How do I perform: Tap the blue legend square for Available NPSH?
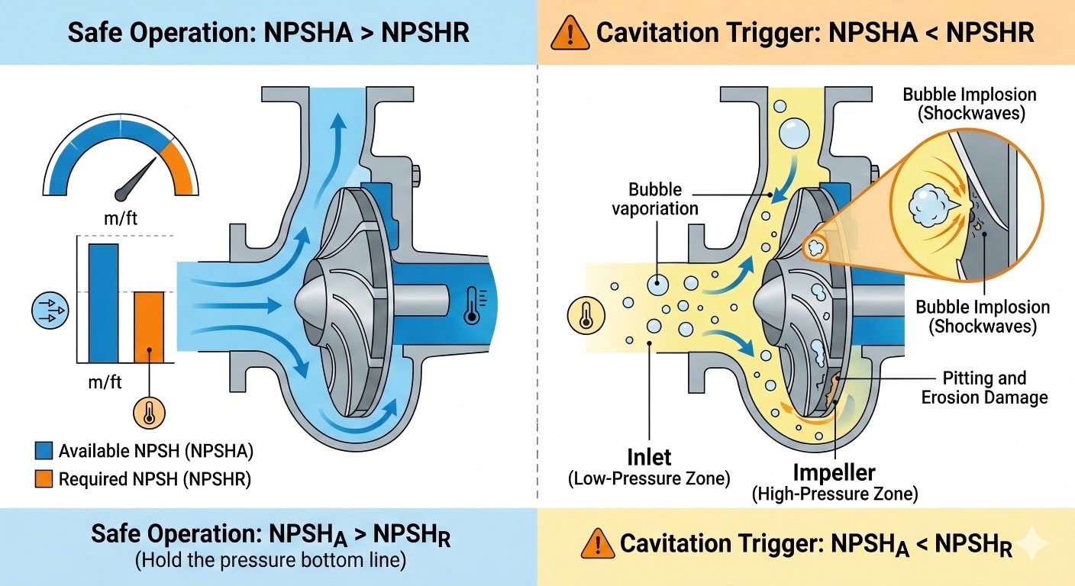click(44, 451)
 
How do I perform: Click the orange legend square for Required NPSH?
click(44, 479)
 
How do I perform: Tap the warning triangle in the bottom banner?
click(597, 544)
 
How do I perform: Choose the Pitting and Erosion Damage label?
click(984, 388)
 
